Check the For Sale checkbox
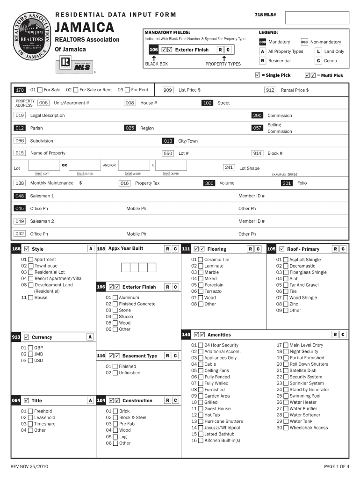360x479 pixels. click(40, 90)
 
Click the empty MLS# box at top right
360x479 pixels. click(317, 18)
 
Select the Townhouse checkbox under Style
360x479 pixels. click(30, 266)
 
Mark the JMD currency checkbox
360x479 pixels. click(30, 354)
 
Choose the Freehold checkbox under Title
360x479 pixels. click(30, 411)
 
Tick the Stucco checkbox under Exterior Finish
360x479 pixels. click(115, 316)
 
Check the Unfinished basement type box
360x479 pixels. click(115, 373)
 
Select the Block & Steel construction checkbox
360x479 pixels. click(115, 418)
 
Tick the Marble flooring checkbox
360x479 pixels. click(200, 272)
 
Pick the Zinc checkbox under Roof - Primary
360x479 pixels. click(285, 304)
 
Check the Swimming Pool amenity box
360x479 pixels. click(285, 396)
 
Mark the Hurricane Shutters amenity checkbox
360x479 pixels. click(200, 421)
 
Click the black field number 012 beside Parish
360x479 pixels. click(20, 128)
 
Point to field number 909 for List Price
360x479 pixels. click(167, 90)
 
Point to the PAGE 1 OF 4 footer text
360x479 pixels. click(336, 466)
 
